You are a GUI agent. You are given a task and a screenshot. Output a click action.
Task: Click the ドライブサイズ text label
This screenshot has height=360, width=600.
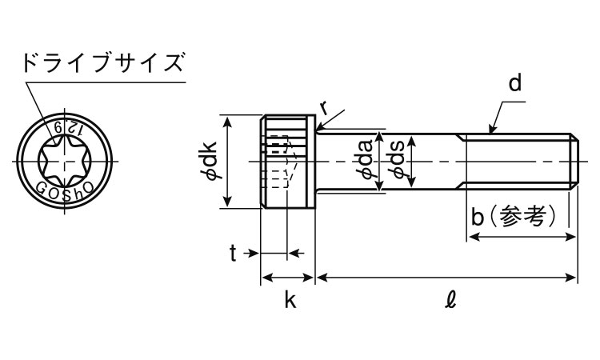(103, 63)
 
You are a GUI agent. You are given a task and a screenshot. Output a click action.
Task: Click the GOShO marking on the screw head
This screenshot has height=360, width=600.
(65, 190)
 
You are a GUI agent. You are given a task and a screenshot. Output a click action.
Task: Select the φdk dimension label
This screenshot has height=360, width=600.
(211, 161)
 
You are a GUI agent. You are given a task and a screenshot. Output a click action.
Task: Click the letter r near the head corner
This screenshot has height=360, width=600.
(325, 109)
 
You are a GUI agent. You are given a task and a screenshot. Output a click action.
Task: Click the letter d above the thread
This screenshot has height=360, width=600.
(515, 83)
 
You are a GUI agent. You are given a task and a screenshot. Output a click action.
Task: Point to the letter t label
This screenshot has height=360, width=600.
(233, 254)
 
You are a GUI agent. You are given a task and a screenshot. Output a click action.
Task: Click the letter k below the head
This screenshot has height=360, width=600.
(290, 299)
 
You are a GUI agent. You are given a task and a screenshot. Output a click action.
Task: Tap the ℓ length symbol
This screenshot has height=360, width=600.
(451, 299)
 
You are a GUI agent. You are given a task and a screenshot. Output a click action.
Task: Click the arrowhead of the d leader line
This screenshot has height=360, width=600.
(491, 131)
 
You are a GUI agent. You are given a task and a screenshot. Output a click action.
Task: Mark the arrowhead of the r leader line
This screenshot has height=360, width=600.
(318, 128)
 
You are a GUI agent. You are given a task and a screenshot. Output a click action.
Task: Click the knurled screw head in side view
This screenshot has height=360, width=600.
(288, 161)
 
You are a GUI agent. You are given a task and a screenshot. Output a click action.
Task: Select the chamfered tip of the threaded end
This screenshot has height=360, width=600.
(574, 161)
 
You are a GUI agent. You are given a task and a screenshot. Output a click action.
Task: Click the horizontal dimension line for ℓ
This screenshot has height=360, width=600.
(446, 277)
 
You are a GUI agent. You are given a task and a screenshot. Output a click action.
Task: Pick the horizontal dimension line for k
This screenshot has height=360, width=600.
(287, 277)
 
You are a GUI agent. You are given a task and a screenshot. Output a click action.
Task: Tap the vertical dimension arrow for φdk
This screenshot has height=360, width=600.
(228, 161)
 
